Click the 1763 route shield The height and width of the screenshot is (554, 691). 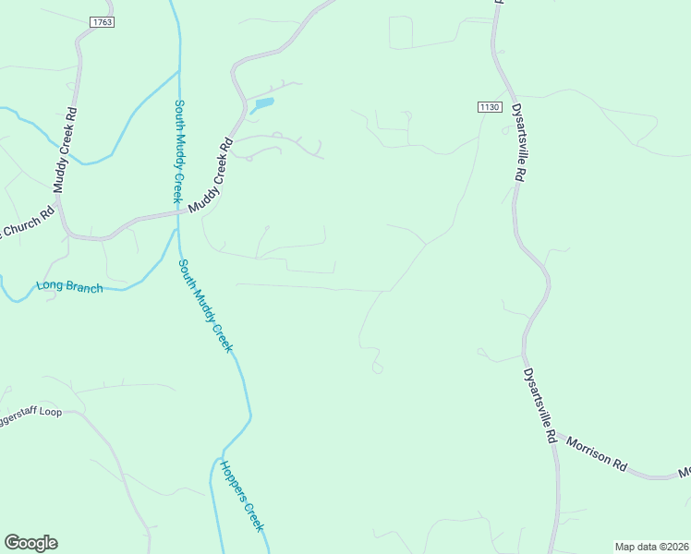pyautogui.click(x=102, y=20)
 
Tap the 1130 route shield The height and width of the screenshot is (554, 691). pyautogui.click(x=490, y=107)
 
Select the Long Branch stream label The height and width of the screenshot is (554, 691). pyautogui.click(x=69, y=286)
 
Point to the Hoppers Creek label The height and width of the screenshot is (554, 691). pyautogui.click(x=242, y=495)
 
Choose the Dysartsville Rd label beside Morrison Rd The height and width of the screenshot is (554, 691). pyautogui.click(x=540, y=407)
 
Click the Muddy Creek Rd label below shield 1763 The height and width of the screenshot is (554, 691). pyautogui.click(x=65, y=151)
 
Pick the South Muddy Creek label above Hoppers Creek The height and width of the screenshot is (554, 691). pyautogui.click(x=205, y=305)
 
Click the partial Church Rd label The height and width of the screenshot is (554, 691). pyautogui.click(x=28, y=223)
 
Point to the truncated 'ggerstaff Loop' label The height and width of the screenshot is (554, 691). pyautogui.click(x=30, y=411)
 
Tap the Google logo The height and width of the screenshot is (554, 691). pyautogui.click(x=30, y=543)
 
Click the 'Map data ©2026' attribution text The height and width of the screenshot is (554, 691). pyautogui.click(x=650, y=546)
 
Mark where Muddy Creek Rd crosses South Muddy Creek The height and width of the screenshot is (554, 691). pyautogui.click(x=179, y=213)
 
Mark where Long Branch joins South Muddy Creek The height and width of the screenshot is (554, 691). pyautogui.click(x=176, y=233)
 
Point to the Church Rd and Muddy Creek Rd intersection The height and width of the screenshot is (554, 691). pyautogui.click(x=67, y=235)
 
